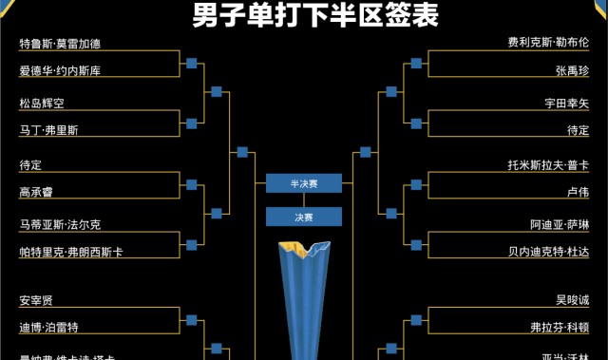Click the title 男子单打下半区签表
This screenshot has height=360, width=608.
(x=303, y=16)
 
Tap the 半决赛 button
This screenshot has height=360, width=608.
(x=303, y=184)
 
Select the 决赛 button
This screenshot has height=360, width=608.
(x=303, y=218)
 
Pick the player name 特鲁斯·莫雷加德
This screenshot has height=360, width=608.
(x=60, y=44)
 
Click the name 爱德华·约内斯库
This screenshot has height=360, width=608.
(x=60, y=70)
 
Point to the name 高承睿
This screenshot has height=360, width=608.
(x=36, y=191)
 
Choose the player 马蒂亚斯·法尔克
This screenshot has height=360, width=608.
(x=60, y=225)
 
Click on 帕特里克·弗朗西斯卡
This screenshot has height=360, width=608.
(x=71, y=252)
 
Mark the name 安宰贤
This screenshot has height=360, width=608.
(x=36, y=300)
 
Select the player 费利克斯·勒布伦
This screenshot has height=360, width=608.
(x=548, y=44)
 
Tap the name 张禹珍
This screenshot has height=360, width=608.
(x=572, y=70)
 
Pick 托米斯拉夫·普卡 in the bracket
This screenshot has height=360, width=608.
(x=548, y=164)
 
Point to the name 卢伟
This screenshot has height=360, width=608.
(x=578, y=191)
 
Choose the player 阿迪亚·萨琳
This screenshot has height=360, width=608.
(x=560, y=225)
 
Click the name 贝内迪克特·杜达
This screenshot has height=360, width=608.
(x=548, y=252)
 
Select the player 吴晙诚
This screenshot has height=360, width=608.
(x=572, y=300)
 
